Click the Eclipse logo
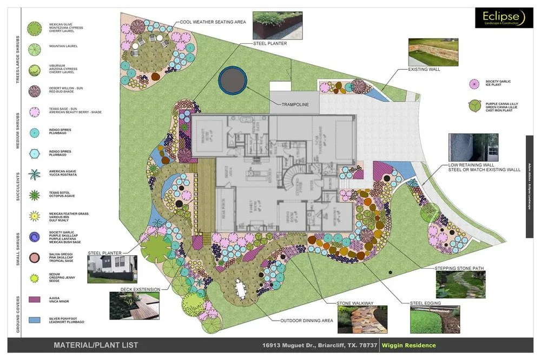[500, 18]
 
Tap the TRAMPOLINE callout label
[295, 104]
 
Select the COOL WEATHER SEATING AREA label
[213, 22]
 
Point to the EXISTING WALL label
[424, 69]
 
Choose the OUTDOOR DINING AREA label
[306, 321]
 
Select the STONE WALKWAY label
[355, 303]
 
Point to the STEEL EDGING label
[425, 303]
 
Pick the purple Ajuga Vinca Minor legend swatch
[35, 299]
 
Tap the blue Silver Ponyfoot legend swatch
[35, 320]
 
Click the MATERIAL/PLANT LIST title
[96, 345]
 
